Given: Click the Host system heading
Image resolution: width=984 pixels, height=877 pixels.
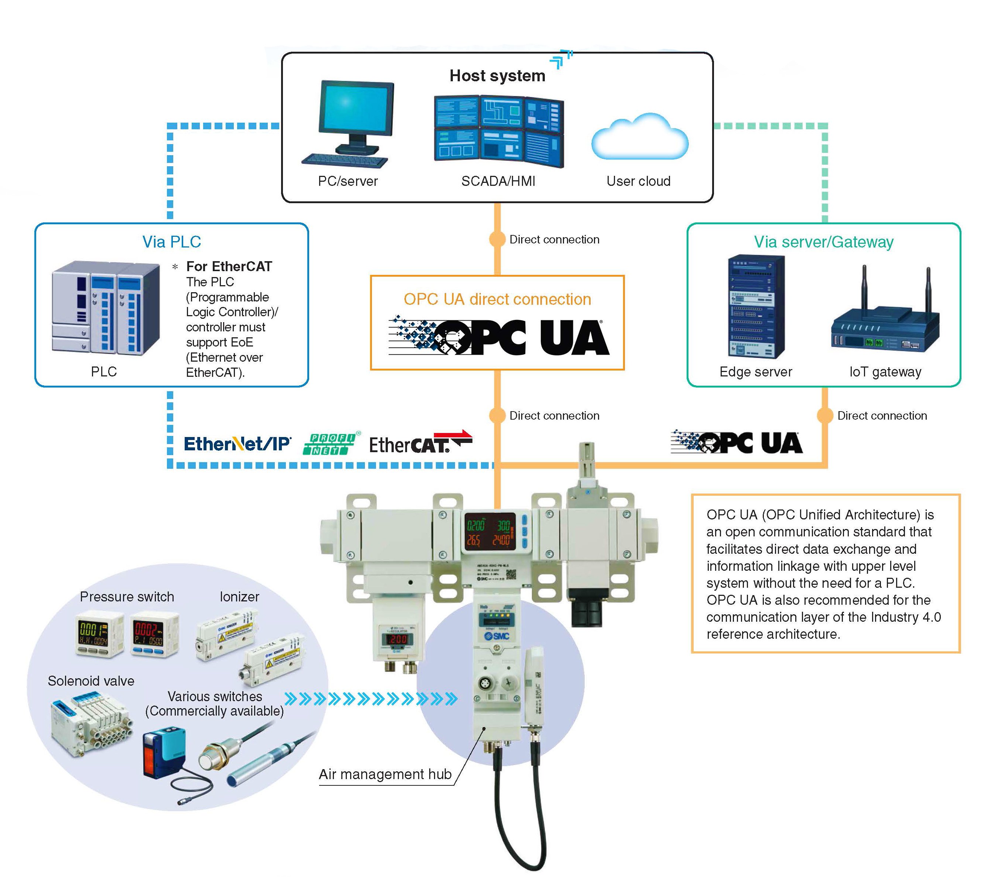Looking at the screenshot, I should click(497, 76).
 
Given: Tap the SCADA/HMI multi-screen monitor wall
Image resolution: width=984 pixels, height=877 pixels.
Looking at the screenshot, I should click(499, 132).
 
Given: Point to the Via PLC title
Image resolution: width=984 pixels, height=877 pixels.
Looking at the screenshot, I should click(171, 242).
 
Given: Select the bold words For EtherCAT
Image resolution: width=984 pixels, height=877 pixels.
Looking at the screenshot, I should click(229, 266).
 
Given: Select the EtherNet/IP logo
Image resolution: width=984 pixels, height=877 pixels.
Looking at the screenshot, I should click(238, 444).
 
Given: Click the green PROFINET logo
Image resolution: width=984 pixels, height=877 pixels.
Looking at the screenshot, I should click(331, 444).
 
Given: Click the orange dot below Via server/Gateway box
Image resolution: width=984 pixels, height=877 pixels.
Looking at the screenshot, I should click(824, 415).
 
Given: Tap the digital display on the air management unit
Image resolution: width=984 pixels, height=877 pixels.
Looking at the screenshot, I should click(489, 532).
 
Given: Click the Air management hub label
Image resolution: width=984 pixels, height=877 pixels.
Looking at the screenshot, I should click(385, 774).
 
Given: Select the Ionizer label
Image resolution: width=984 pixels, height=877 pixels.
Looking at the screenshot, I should click(239, 597).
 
